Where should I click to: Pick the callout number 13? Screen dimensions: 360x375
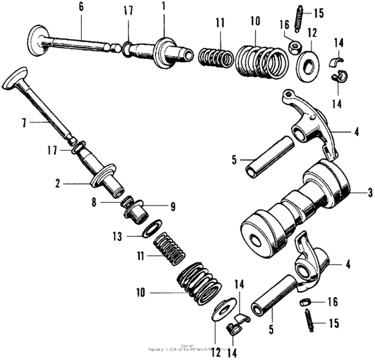(117, 236)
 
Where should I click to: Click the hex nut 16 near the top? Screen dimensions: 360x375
(293, 46)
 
